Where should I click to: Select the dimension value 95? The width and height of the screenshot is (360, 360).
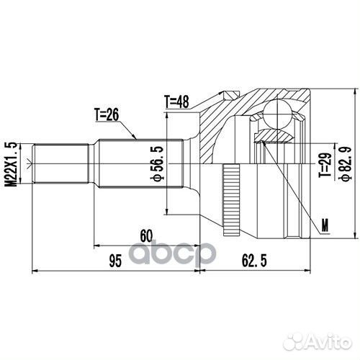[113, 262]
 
